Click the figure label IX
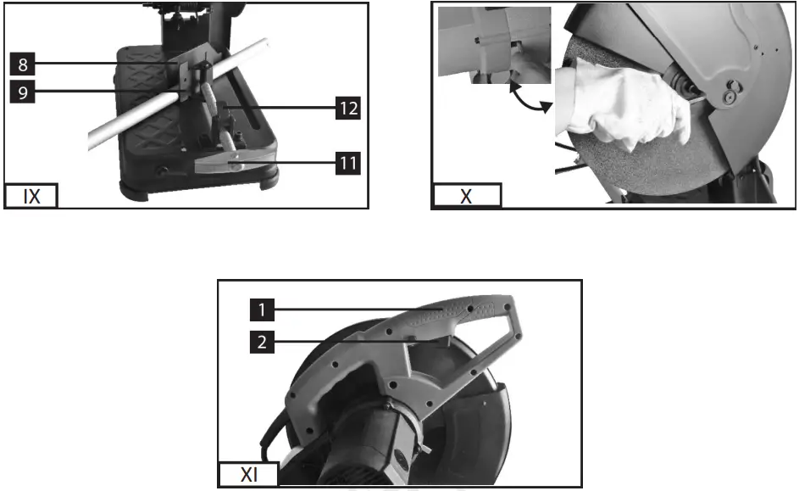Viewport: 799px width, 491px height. click(32, 197)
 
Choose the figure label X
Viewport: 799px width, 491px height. click(467, 197)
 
